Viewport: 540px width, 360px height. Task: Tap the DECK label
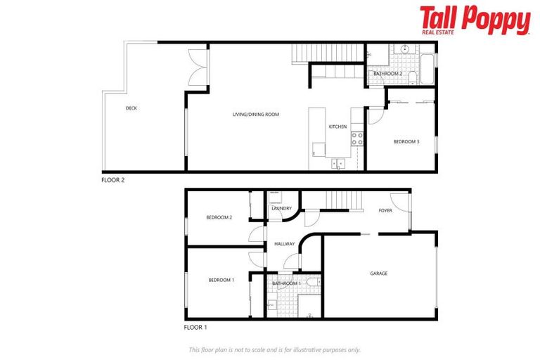tap(131, 108)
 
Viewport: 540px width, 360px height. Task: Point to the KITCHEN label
tap(337, 127)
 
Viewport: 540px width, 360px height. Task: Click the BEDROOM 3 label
tap(406, 142)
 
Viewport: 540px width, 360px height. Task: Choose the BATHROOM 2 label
tap(387, 73)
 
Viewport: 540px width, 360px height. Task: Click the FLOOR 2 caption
tap(112, 180)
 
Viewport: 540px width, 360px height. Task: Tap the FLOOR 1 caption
tap(195, 328)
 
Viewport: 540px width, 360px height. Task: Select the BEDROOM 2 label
tap(219, 217)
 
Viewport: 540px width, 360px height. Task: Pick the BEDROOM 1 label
tap(221, 280)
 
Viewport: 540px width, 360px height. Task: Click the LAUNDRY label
tap(282, 208)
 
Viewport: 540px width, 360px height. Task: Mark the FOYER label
tap(385, 210)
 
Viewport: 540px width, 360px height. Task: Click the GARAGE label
tap(378, 274)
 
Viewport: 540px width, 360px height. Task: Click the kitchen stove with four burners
tap(357, 138)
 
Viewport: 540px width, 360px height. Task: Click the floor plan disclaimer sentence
tap(275, 349)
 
